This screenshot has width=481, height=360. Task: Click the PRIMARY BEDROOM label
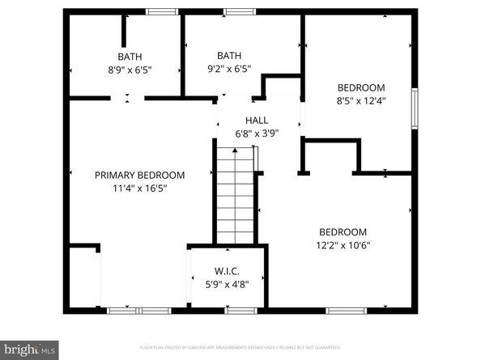(x=139, y=175)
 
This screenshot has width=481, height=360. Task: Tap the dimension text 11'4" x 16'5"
(x=139, y=188)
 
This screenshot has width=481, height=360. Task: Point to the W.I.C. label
(x=227, y=271)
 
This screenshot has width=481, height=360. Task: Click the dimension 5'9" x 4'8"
(x=227, y=284)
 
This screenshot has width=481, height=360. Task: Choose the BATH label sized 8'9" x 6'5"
(x=130, y=57)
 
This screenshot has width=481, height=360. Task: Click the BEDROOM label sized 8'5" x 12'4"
(x=361, y=87)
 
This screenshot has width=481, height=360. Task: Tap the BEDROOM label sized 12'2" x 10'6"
(x=343, y=231)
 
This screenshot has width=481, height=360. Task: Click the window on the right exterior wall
(x=415, y=108)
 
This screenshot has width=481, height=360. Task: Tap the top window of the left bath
(x=162, y=11)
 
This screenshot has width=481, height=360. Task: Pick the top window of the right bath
(x=236, y=11)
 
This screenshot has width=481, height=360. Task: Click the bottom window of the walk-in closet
(x=240, y=310)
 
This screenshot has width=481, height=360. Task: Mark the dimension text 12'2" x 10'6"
(x=343, y=245)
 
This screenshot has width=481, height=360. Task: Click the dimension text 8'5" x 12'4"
(x=361, y=101)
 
